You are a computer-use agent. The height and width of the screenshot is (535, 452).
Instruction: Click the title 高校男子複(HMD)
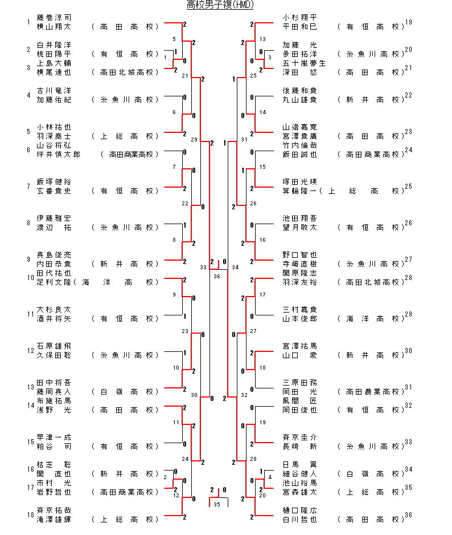(220, 5)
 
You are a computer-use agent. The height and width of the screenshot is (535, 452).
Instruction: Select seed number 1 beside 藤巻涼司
(28, 22)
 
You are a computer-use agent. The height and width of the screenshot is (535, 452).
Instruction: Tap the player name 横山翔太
(54, 26)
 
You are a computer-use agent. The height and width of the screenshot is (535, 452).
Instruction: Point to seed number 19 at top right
(409, 22)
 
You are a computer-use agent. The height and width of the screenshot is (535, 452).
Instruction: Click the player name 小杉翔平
(299, 17)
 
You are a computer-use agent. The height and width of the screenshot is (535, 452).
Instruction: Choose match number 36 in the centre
(216, 276)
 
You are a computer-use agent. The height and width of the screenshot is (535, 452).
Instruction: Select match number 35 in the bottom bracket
(216, 504)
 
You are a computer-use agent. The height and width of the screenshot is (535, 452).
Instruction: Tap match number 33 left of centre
(203, 267)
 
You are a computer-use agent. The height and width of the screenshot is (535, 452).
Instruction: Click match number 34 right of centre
(235, 267)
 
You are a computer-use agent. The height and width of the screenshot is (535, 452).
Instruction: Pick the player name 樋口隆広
(299, 510)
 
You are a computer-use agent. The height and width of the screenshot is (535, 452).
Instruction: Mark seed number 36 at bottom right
(409, 515)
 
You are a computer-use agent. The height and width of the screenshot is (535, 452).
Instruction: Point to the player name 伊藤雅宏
(54, 218)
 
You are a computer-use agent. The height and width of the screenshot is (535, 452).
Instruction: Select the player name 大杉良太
(54, 309)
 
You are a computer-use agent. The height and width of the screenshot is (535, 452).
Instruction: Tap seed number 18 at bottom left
(29, 515)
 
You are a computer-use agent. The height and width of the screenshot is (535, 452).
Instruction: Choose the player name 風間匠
(299, 400)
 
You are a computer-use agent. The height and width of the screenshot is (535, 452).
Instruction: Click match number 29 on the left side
(194, 139)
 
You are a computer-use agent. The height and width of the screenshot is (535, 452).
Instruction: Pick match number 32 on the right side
(244, 395)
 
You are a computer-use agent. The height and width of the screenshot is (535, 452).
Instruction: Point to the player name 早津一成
(54, 437)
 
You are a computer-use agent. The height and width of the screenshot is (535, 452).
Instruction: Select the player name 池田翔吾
(299, 218)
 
